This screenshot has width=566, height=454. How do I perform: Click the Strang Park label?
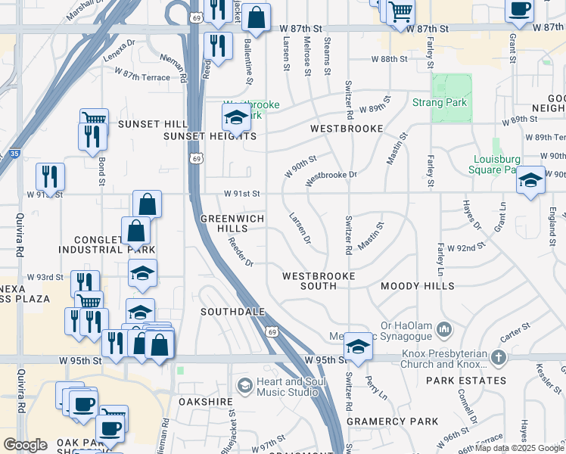pos(440,103)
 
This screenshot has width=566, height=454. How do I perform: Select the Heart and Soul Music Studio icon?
pos(244,386)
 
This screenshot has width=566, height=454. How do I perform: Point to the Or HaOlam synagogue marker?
pos(443,328)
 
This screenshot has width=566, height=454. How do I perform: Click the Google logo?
pos(25,445)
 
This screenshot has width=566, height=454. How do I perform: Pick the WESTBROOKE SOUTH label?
pos(319,281)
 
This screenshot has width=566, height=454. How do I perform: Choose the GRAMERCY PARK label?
pos(392,421)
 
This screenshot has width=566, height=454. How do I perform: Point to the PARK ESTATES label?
pos(465,381)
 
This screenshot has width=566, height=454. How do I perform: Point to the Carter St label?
pos(515,331)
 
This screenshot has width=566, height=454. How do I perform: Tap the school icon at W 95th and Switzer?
pos(358,347)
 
